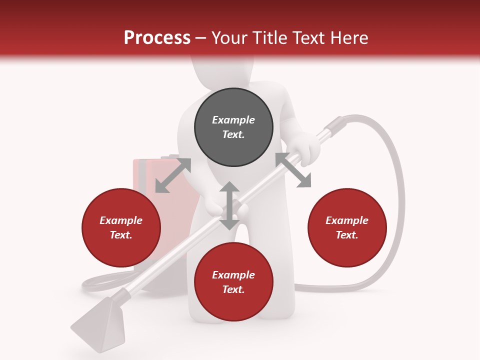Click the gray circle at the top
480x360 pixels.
click(x=233, y=127)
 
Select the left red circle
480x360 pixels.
click(x=121, y=227)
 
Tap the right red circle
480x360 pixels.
click(x=347, y=227)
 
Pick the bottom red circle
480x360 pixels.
click(x=233, y=282)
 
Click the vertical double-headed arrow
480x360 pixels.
click(x=229, y=205)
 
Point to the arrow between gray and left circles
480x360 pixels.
click(x=173, y=175)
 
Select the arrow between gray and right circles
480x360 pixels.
click(x=293, y=170)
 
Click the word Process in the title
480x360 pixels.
click(x=157, y=38)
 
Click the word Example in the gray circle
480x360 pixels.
click(x=233, y=120)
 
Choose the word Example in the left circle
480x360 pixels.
click(x=121, y=220)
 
